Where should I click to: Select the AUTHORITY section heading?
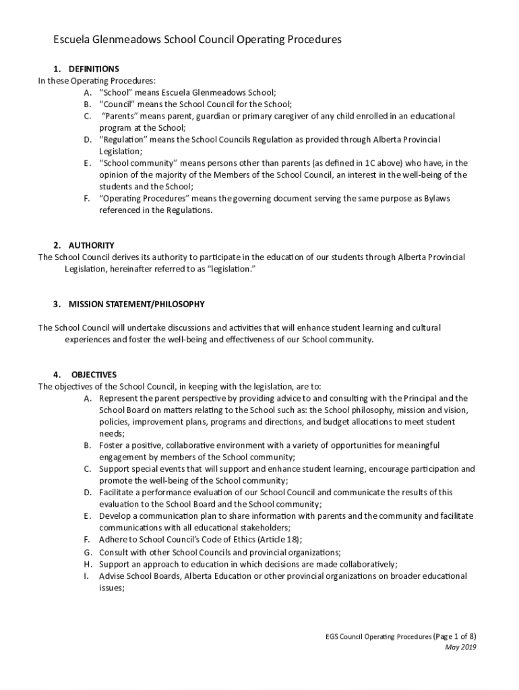coord(91,245)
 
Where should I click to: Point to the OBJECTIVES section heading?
coord(94,375)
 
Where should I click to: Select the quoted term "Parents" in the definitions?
coord(121,116)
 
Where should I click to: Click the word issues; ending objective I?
coord(112,588)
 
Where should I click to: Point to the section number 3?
coord(57,305)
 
